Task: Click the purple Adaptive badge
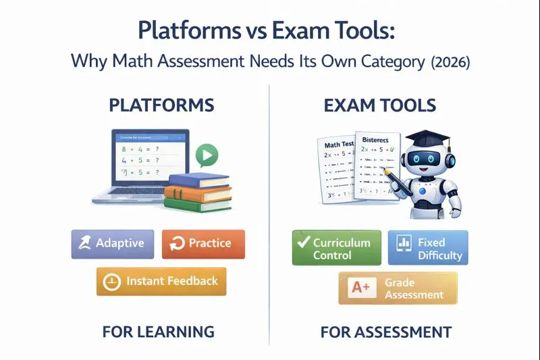pos(113,244)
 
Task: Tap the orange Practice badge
pos(203,244)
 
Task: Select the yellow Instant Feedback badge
pos(161,281)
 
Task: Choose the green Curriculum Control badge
pos(336,249)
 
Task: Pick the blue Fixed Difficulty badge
pos(428,249)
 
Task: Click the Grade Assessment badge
pos(398,288)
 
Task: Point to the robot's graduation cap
pos(424,140)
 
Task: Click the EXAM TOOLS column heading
pos(380,105)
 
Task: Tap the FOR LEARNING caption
pos(159,332)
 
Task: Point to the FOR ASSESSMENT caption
pos(385,332)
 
